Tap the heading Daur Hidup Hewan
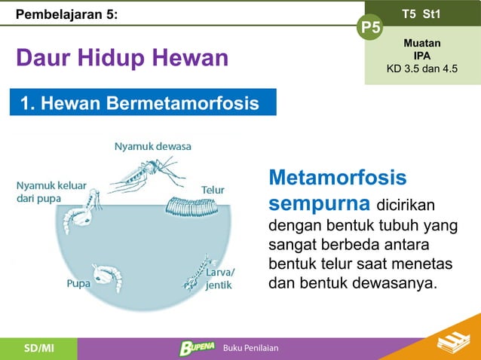tap(121, 58)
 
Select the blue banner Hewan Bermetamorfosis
tap(143, 102)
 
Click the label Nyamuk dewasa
tap(152, 146)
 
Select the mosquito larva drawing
tap(198, 272)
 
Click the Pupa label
tap(79, 285)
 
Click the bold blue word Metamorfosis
tap(337, 178)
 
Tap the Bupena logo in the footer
tap(196, 347)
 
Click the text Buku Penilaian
tap(250, 348)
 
